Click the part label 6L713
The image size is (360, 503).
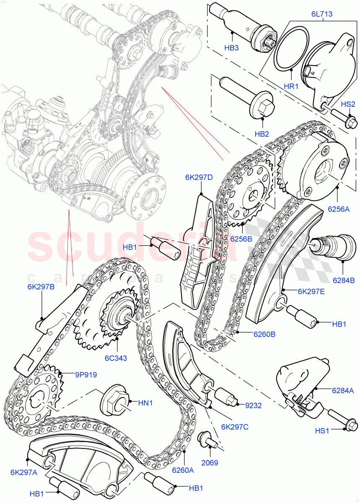(321, 14)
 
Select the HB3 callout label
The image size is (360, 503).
(231, 48)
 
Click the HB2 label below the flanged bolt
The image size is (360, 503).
(262, 134)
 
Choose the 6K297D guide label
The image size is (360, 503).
(199, 177)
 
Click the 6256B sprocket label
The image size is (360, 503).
(241, 239)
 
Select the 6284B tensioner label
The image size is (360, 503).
(343, 280)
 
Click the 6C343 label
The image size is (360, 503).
(116, 358)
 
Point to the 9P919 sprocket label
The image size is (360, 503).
(86, 375)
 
